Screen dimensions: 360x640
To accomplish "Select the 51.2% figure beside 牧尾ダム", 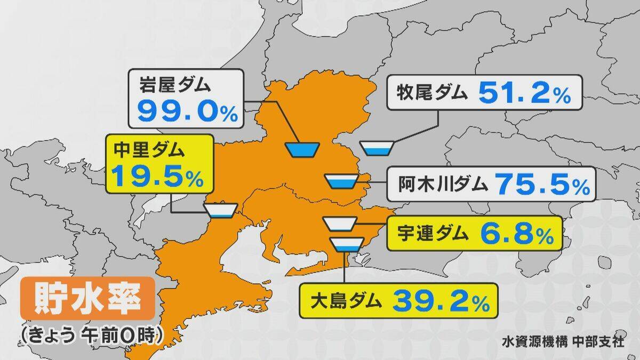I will click(525, 95).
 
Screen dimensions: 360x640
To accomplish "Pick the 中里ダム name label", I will click(150, 150).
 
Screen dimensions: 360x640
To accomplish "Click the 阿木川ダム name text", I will click(443, 185).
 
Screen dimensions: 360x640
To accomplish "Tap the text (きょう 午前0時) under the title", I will click(90, 334).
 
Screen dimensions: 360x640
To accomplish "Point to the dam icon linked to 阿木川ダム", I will click(341, 181).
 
